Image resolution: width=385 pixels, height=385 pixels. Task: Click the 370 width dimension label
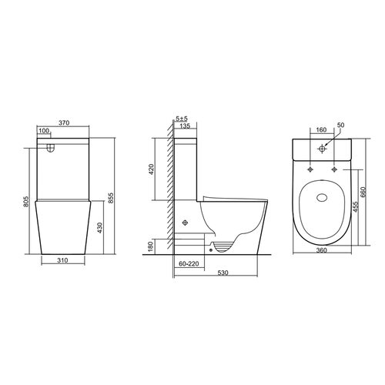pos(64,123)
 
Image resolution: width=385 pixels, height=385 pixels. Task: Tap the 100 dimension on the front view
pos(45,131)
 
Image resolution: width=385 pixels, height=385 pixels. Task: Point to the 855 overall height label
pos(111,198)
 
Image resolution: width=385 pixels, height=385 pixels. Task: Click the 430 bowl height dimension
pos(100,228)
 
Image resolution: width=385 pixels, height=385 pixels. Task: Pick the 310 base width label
pos(62,260)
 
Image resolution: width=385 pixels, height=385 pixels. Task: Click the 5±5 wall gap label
pos(182,119)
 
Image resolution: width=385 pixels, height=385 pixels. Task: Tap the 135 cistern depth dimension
pos(185,126)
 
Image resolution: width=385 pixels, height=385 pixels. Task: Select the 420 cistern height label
pos(151,169)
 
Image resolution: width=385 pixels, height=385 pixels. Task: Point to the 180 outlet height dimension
pos(151,246)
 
